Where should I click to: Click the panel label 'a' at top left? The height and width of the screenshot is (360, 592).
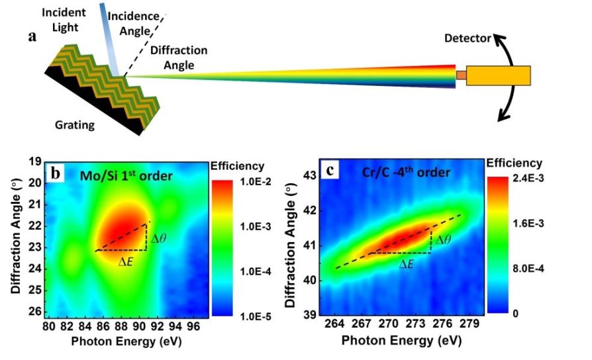pos(32,36)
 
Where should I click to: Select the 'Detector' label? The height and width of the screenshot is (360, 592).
pos(467,39)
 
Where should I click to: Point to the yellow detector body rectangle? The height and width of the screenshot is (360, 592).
pos(498,75)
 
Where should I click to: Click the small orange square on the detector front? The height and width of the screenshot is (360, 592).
pos(461,75)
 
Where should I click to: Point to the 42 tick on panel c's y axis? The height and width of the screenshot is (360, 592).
pos(307,210)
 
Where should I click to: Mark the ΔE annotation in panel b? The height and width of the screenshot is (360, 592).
pos(125,261)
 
